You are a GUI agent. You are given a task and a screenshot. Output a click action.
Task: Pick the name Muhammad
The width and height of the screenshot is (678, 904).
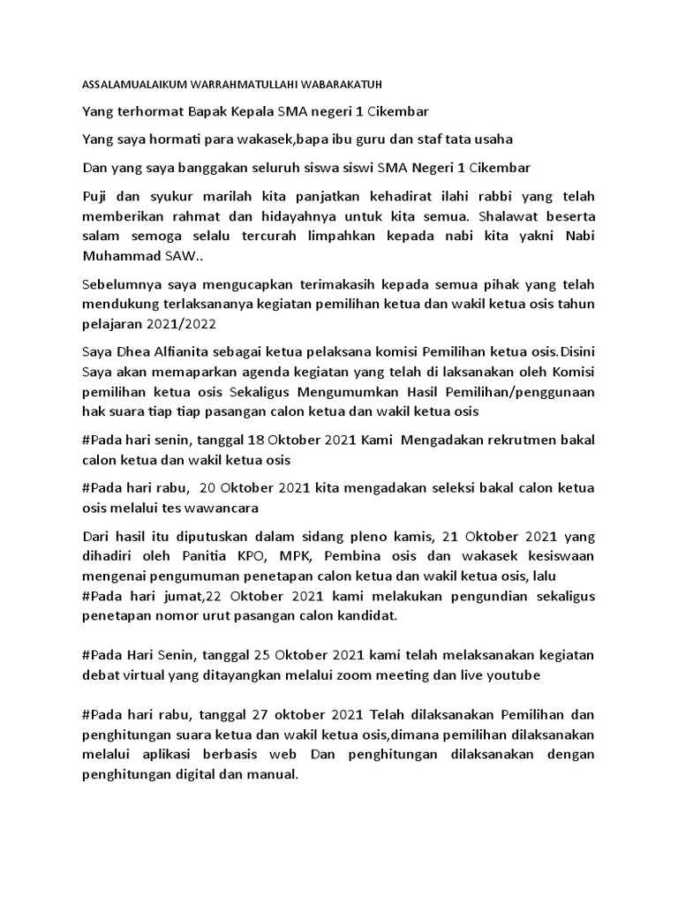tap(120, 255)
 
